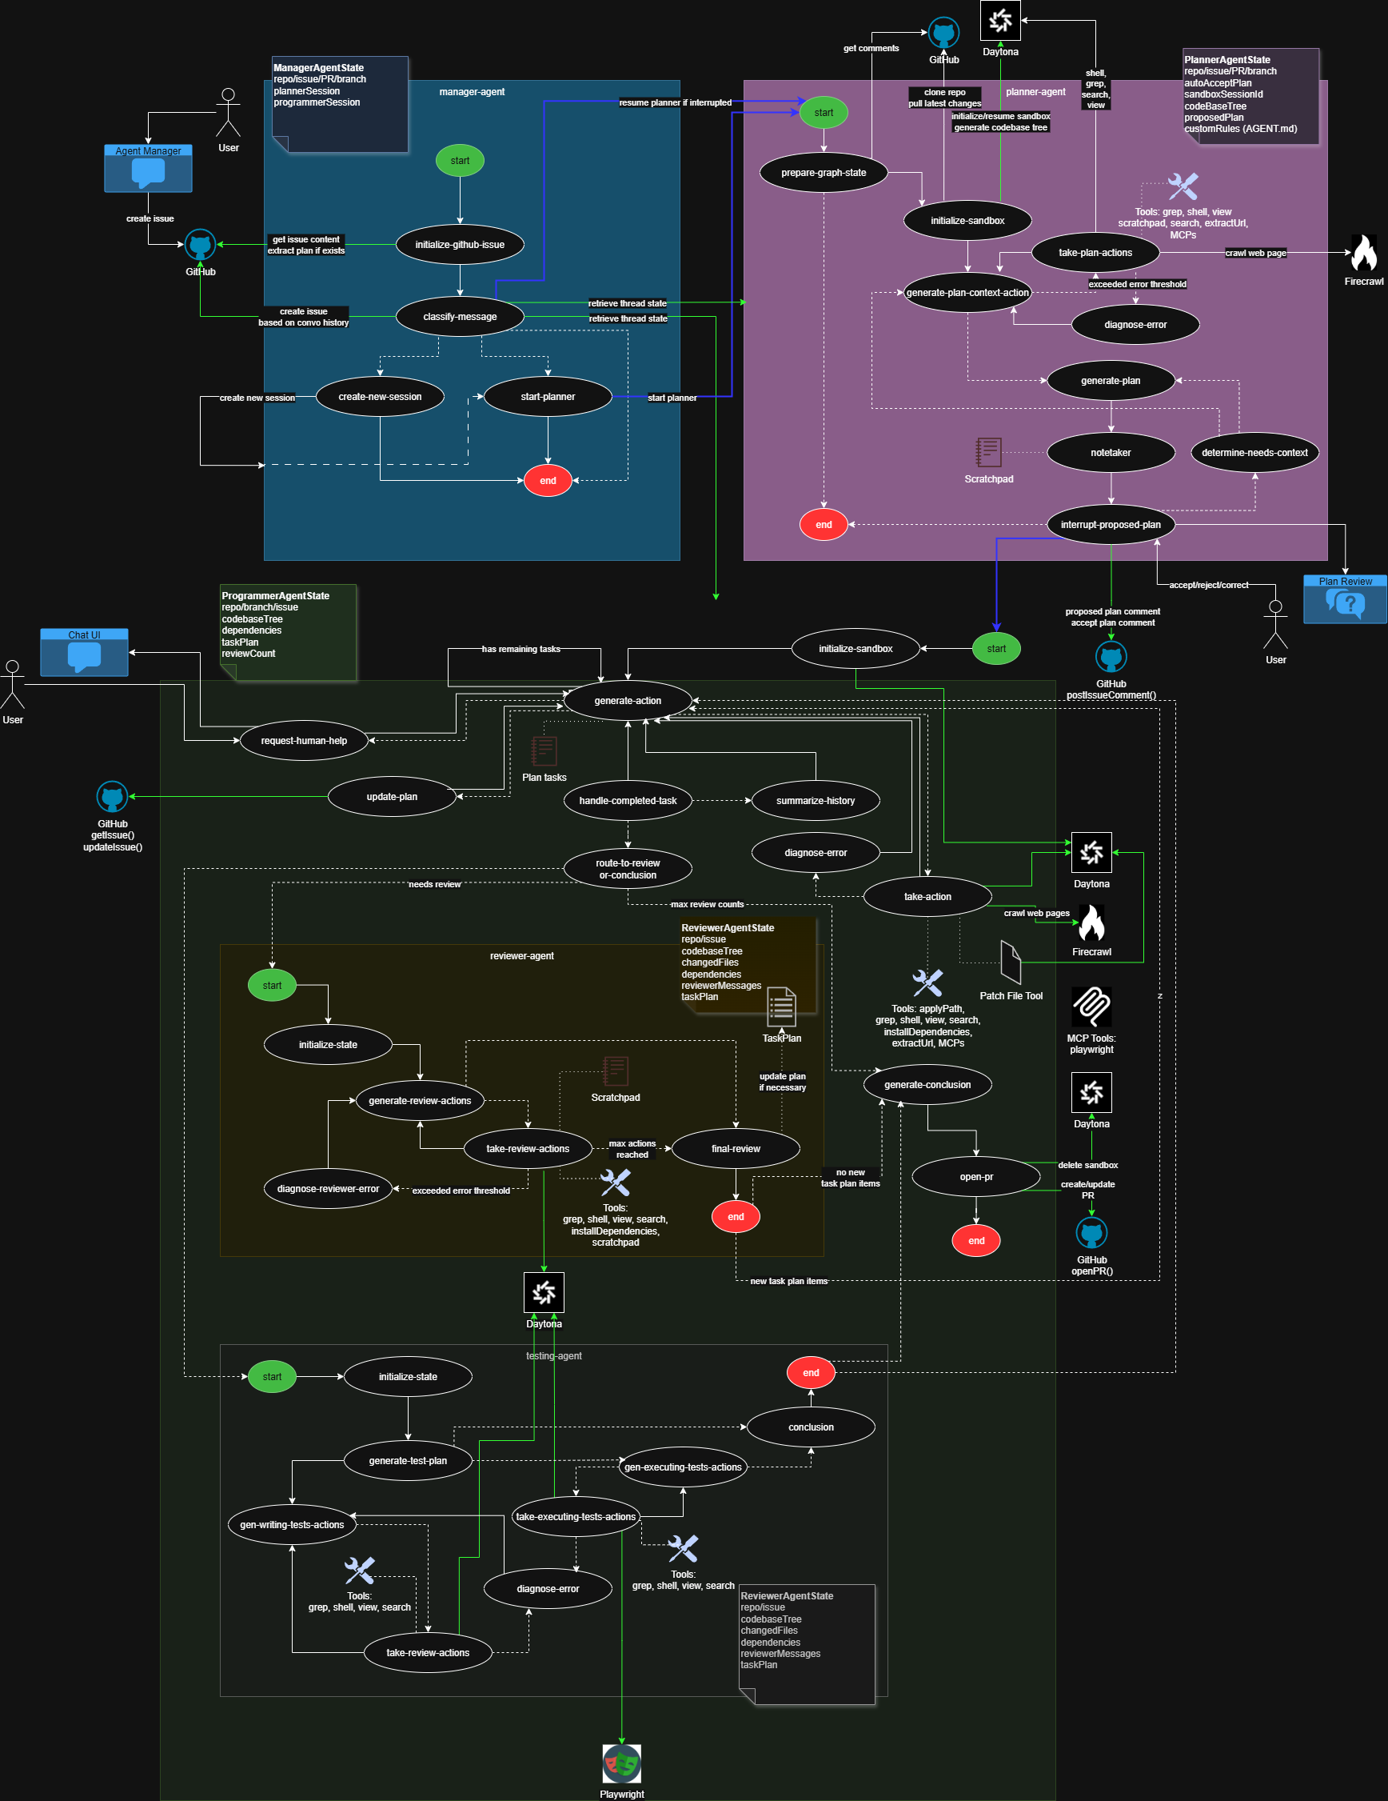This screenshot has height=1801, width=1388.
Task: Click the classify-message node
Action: (460, 317)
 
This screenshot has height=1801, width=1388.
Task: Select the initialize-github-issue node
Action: (460, 245)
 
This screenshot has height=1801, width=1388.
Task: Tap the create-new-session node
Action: (380, 397)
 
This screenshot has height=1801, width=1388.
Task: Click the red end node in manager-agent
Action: (548, 481)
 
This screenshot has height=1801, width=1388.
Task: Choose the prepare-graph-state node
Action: (824, 173)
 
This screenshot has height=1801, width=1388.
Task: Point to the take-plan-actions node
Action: (1095, 253)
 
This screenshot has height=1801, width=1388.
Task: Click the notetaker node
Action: (1111, 453)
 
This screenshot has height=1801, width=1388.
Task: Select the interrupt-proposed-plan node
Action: (1111, 525)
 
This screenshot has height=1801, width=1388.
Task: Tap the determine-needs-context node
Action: (1254, 453)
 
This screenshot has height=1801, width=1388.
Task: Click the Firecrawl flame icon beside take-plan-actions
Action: (1363, 253)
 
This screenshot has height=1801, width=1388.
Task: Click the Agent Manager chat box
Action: (149, 170)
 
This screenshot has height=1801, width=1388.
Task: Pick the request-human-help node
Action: (304, 741)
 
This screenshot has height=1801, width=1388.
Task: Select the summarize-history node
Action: (816, 801)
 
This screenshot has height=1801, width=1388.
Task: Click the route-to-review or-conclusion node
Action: (628, 869)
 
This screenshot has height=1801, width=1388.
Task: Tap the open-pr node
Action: (976, 1177)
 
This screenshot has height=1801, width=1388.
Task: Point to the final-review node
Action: (736, 1149)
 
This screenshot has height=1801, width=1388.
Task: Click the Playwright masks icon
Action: (621, 1764)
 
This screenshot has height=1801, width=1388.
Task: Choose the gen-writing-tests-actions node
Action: (292, 1525)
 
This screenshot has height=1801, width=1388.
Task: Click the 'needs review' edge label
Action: (435, 885)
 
